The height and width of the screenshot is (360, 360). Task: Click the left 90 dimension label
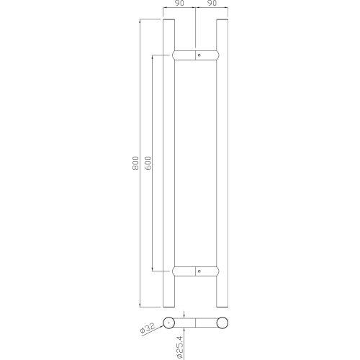[179, 4]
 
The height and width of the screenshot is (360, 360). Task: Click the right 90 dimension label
[212, 4]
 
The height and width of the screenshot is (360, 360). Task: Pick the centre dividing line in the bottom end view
[196, 323]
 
